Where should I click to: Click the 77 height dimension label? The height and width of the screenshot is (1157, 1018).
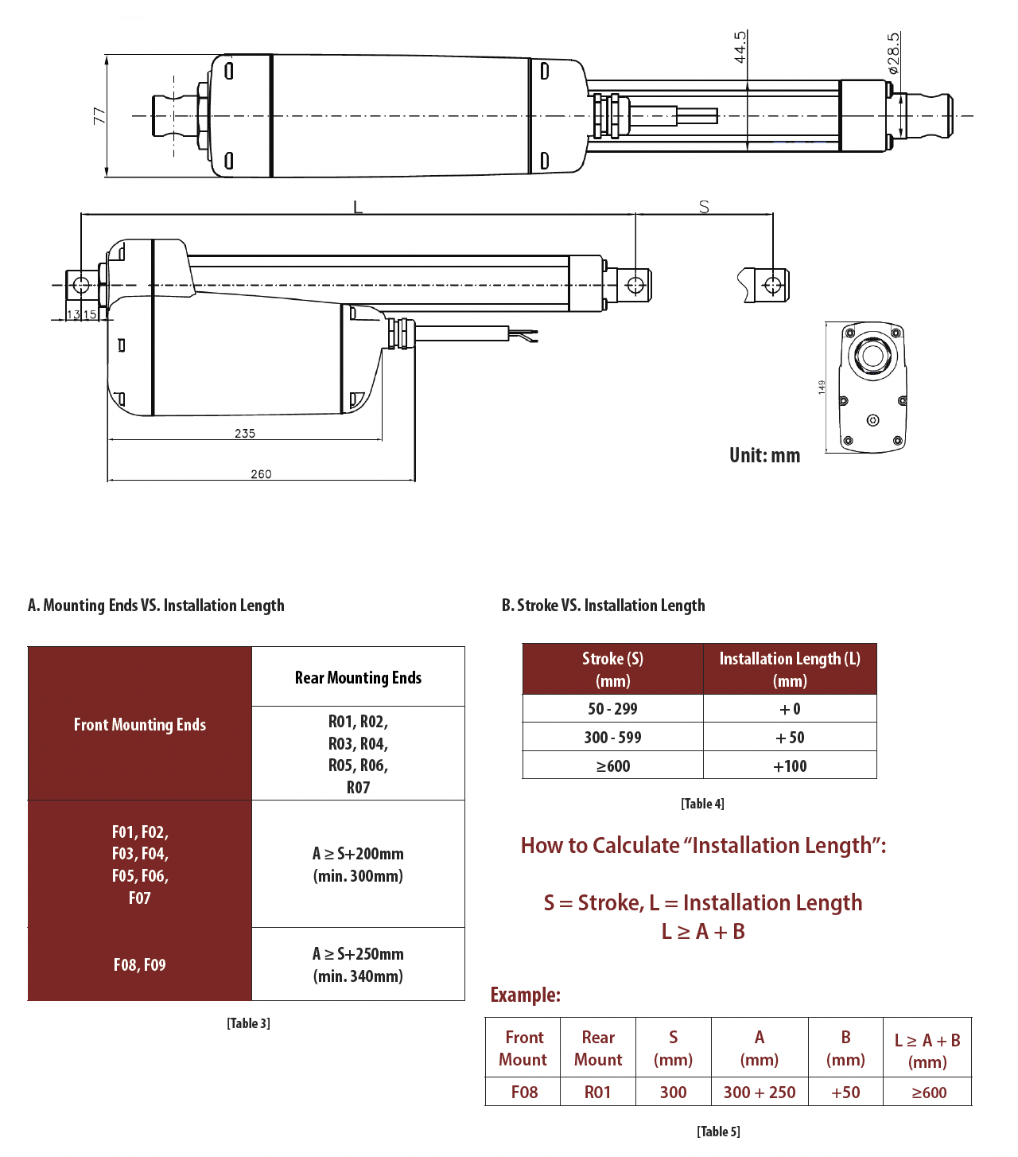pos(99,116)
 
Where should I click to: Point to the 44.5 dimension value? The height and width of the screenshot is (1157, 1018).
pos(740,47)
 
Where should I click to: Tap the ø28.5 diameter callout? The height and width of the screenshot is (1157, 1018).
pos(894,53)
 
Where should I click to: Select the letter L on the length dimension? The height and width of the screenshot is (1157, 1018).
pos(358,207)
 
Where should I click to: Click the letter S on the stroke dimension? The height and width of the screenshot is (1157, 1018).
pos(704,207)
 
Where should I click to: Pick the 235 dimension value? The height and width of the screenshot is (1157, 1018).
pos(245,434)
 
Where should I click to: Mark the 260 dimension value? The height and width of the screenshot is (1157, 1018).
pos(261,474)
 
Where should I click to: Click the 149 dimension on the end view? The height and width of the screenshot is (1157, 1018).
pos(822,388)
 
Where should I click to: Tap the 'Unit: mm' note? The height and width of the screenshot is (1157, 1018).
pos(764,455)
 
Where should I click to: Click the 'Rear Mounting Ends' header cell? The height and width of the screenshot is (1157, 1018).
pos(358,678)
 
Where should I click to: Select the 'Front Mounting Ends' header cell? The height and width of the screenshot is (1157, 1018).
pos(140,724)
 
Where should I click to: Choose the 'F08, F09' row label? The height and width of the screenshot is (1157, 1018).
pos(140,965)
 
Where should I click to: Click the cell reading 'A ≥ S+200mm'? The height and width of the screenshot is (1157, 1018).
pos(358,854)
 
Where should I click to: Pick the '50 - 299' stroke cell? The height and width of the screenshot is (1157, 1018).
pos(612,709)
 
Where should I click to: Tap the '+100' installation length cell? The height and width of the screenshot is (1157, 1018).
pos(790,766)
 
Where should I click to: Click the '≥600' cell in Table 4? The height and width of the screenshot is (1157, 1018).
pos(612,766)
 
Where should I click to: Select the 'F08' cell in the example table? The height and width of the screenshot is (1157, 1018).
pos(524,1093)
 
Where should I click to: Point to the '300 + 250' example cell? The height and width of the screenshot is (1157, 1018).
pos(760,1093)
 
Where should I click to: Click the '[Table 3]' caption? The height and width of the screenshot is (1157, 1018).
pos(248,1023)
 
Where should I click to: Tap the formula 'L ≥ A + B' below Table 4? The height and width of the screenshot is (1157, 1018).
pos(703,932)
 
